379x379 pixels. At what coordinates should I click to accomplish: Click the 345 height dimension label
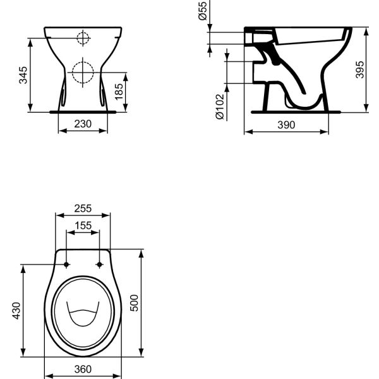click(x=23, y=75)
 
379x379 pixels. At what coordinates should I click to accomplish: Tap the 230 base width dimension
click(x=83, y=125)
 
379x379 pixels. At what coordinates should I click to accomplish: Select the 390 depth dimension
click(x=286, y=125)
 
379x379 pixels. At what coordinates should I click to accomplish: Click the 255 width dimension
click(x=83, y=208)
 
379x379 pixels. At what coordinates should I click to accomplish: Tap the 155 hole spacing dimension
click(x=83, y=225)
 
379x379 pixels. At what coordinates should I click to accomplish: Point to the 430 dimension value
click(x=16, y=311)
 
